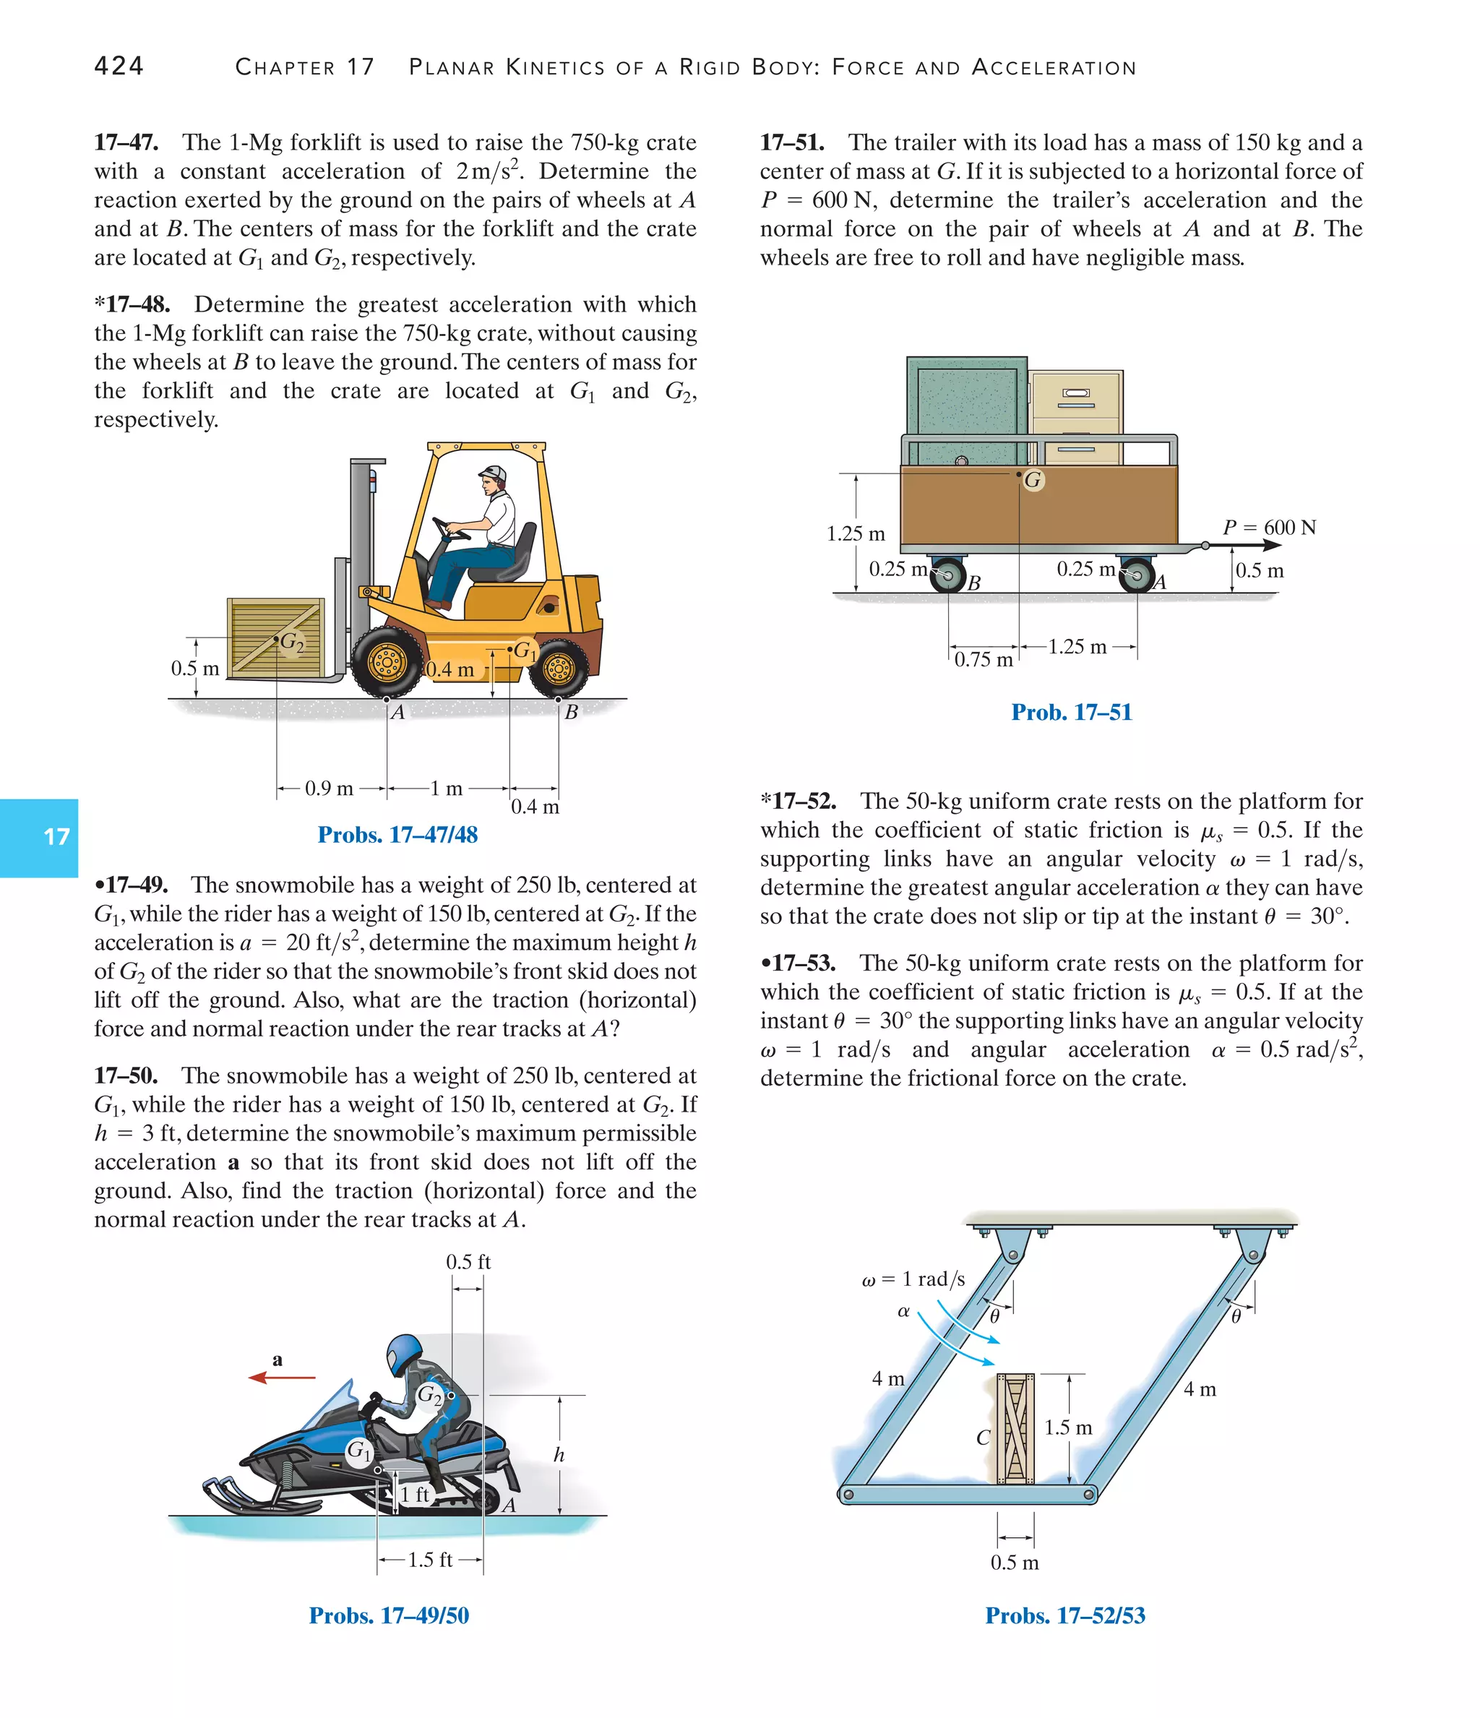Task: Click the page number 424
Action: (119, 66)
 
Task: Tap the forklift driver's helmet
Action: (493, 473)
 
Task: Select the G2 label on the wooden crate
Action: (291, 642)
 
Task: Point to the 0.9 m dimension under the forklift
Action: (329, 788)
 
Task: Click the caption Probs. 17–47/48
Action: (397, 834)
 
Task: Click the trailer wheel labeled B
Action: (947, 575)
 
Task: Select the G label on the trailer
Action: (1033, 479)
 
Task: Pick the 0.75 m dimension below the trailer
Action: (984, 659)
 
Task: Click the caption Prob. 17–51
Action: (1071, 711)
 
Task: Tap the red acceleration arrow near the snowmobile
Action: (282, 1378)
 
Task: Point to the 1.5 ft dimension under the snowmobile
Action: (430, 1560)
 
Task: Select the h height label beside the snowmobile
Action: (559, 1454)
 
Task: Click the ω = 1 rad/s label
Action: (913, 1279)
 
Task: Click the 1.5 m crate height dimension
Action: (1068, 1427)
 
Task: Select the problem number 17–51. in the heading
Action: (792, 142)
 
